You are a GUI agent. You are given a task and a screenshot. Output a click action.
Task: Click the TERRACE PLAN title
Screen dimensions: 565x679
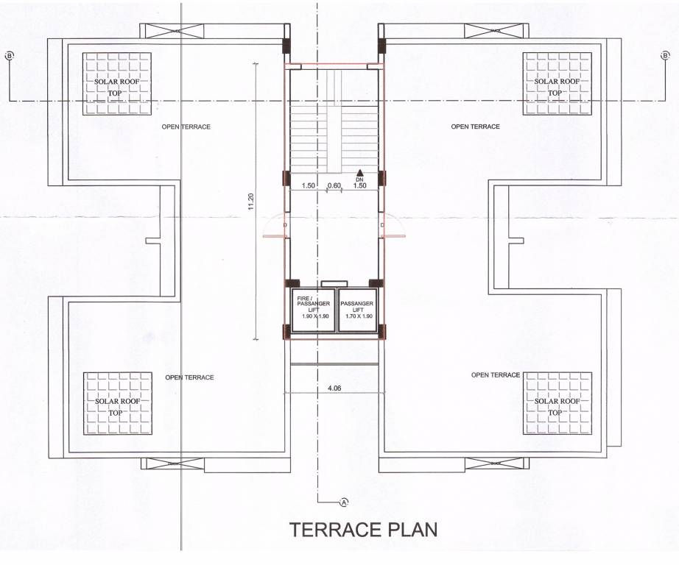point(363,530)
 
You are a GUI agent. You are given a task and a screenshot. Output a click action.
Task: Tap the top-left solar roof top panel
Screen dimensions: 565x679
point(116,84)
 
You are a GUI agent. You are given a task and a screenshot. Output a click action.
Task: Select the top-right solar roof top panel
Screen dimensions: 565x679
point(557,84)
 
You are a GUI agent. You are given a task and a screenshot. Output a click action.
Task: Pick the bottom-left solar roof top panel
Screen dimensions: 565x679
point(116,405)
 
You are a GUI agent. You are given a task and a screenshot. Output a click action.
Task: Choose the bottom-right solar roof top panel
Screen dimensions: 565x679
point(557,405)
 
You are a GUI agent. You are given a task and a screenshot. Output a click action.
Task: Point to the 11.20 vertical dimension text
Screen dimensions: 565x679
point(251,202)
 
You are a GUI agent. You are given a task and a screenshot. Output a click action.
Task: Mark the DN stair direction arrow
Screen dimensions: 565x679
point(359,172)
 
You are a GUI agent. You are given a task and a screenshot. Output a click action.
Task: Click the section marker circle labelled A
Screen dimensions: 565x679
point(343,502)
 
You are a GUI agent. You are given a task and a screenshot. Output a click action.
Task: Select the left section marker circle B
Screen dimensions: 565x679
point(10,56)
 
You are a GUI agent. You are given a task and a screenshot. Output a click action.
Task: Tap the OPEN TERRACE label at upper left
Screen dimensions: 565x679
point(186,127)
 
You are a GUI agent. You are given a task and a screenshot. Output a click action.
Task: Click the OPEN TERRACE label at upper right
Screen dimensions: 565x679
point(475,127)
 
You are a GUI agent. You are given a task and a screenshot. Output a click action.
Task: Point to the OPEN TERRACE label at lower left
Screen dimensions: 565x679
point(189,377)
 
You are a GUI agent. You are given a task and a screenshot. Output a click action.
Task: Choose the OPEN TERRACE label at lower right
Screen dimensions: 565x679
point(495,375)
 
